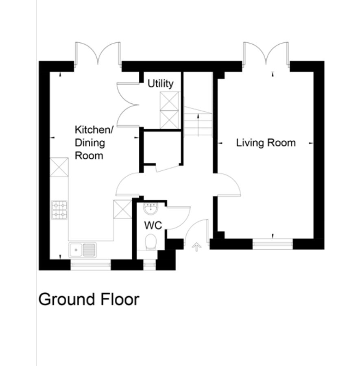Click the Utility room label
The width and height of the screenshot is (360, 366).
click(160, 84)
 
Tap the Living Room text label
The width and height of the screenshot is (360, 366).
click(266, 143)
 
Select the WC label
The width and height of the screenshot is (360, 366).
click(153, 225)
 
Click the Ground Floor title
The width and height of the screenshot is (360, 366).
click(89, 299)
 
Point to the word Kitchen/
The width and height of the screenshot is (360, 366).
click(94, 130)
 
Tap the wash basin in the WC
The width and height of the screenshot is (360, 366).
click(151, 209)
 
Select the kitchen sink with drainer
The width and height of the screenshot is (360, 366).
click(83, 250)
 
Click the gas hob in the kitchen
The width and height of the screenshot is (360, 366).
click(59, 210)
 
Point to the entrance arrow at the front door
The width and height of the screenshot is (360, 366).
click(196, 247)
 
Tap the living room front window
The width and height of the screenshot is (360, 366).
click(273, 244)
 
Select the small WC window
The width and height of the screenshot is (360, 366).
click(149, 265)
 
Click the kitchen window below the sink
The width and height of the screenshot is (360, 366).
click(91, 265)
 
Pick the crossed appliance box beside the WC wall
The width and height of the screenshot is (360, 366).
click(123, 209)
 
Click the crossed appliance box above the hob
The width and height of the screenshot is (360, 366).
click(59, 167)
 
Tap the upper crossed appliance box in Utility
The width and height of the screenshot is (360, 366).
click(170, 101)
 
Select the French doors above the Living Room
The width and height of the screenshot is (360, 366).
click(266, 53)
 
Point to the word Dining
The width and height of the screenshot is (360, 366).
click(90, 143)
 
